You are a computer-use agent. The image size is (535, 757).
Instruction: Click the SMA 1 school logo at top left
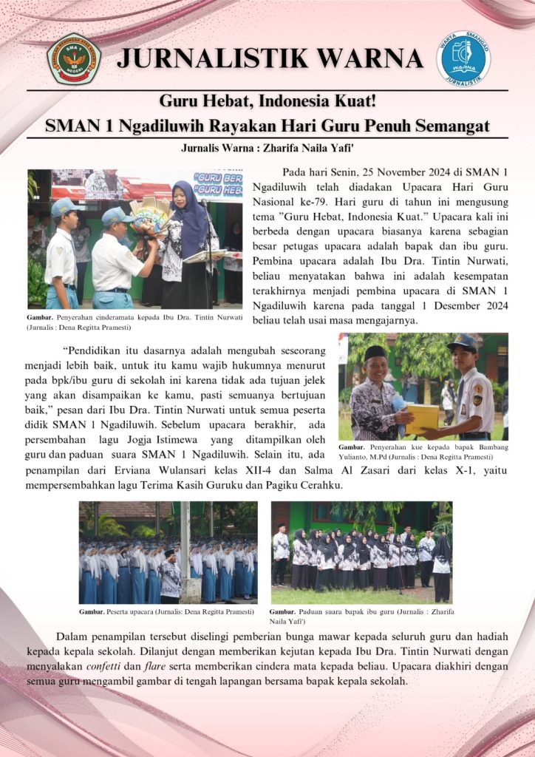74,59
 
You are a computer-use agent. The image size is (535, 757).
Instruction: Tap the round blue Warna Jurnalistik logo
463,58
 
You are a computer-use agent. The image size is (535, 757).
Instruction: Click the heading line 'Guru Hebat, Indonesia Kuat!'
267,101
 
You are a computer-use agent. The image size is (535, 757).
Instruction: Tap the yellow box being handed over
422,418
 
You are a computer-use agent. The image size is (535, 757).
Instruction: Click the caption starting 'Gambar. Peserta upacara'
168,612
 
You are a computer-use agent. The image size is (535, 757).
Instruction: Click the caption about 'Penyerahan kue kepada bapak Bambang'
423,452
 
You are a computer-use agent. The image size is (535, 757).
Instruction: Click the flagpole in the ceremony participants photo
185,540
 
